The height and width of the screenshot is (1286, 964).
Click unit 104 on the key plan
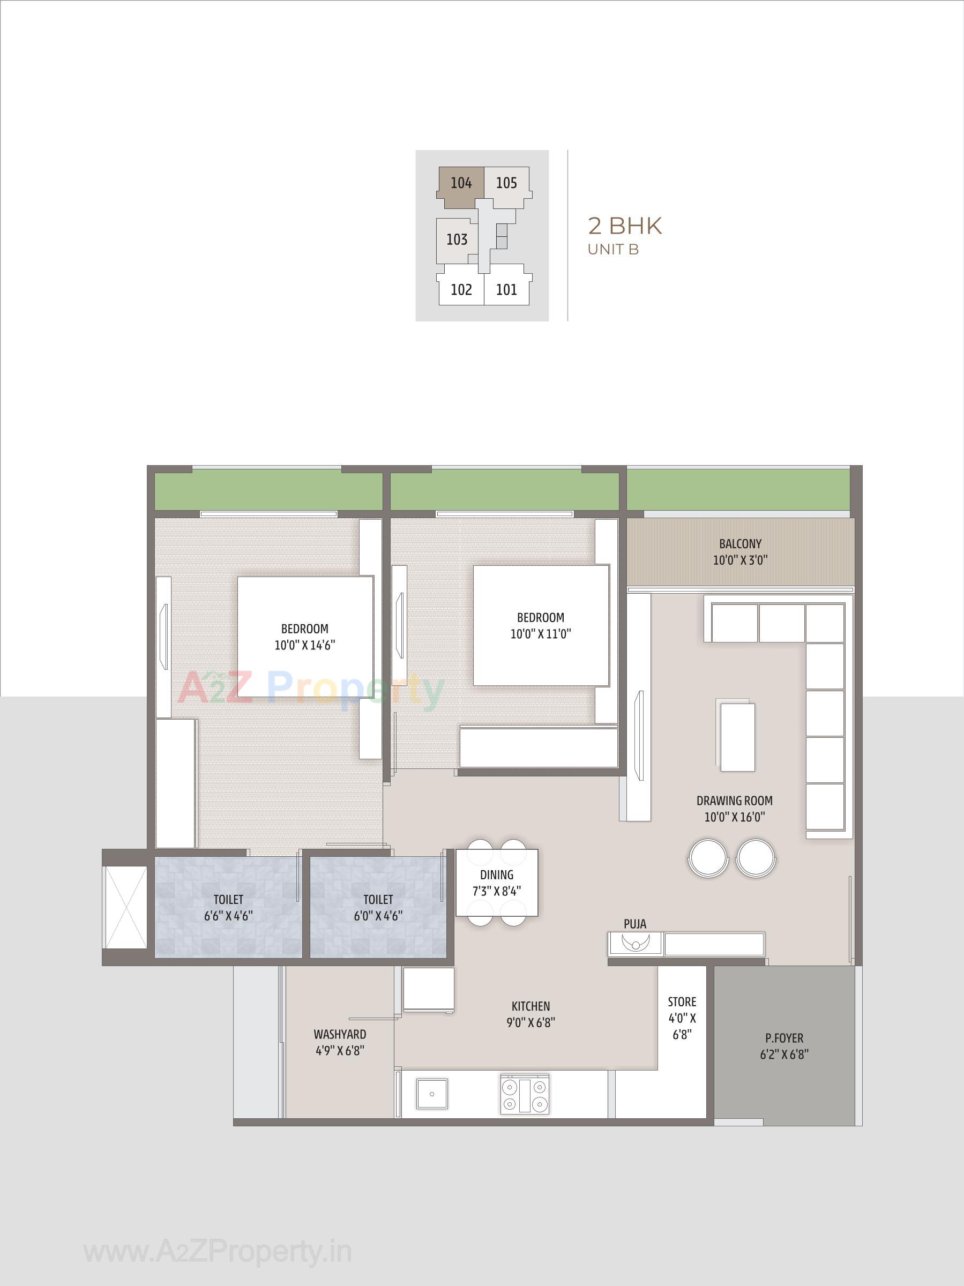click(461, 183)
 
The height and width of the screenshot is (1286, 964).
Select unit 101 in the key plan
click(506, 289)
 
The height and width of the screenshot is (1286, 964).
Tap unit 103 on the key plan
click(457, 239)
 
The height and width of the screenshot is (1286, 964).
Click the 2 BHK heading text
click(624, 226)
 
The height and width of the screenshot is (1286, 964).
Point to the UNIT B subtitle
click(613, 249)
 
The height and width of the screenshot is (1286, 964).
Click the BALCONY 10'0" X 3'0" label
click(739, 552)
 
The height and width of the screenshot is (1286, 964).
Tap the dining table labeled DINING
click(497, 882)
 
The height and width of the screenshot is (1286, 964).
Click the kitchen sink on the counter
click(432, 1094)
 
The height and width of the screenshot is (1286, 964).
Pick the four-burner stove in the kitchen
click(525, 1094)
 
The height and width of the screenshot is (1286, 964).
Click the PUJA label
click(634, 924)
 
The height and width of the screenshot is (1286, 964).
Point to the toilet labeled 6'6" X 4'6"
click(228, 908)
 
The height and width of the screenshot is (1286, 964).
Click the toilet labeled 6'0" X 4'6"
click(378, 908)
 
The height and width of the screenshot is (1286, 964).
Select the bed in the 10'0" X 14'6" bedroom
click(305, 637)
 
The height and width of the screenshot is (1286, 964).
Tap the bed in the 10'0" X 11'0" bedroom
click(541, 625)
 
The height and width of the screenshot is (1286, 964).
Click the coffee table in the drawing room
click(737, 737)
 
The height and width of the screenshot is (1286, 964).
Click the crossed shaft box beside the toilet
click(125, 908)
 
